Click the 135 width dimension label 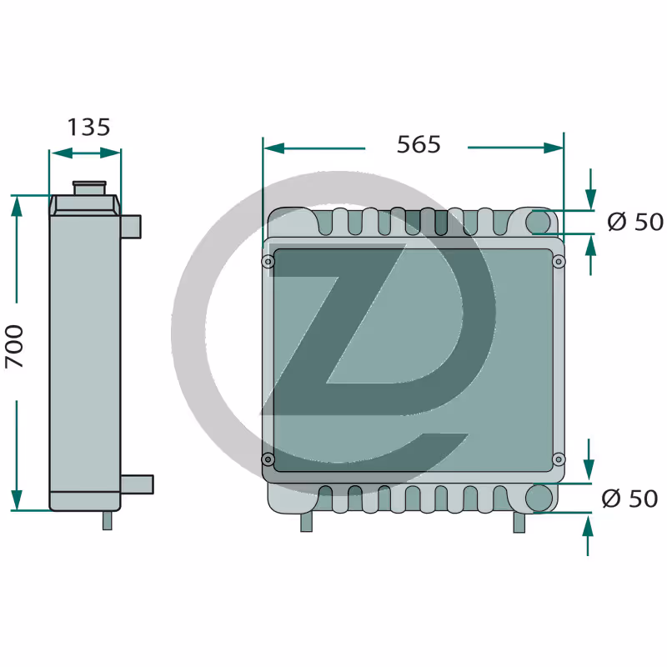(89, 128)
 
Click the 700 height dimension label (14, 347)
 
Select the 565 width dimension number (419, 144)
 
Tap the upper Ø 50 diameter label (635, 222)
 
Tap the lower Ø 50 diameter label (629, 499)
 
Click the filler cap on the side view (89, 188)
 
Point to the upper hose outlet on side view (131, 227)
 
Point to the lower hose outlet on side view (137, 484)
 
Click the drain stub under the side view (108, 520)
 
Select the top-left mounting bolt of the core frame (268, 261)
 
